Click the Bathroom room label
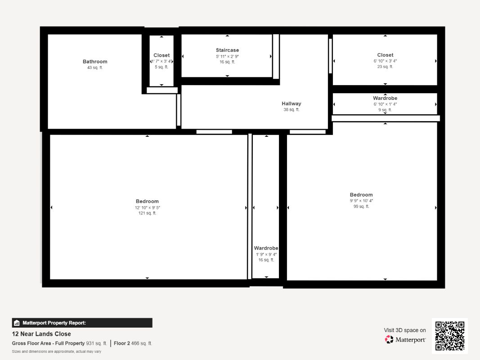click(95, 62)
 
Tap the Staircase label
click(227, 50)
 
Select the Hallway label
click(292, 104)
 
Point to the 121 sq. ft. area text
click(147, 213)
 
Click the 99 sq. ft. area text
click(361, 207)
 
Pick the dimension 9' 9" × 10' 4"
click(361, 201)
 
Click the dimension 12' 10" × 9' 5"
click(147, 207)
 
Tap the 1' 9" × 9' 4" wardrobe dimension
click(266, 254)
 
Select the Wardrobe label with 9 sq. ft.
click(385, 98)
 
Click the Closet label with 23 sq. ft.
click(385, 55)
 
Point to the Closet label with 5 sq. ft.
click(161, 55)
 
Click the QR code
click(450, 336)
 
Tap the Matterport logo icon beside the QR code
click(389, 339)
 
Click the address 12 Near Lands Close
click(41, 334)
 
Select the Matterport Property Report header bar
click(82, 323)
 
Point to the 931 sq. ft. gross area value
click(96, 343)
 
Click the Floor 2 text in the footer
click(122, 343)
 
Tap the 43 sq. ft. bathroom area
click(95, 67)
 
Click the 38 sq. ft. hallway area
click(292, 110)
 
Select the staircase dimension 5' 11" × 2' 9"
click(227, 56)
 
